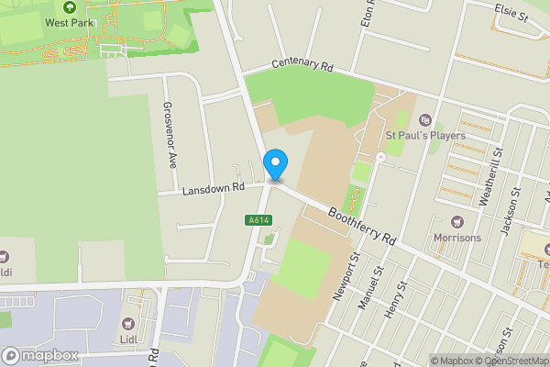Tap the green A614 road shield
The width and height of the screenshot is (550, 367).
[258, 219]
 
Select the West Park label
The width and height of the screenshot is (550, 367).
[70, 21]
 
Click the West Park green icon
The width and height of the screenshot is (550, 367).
[69, 6]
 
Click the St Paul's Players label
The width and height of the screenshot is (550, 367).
[425, 136]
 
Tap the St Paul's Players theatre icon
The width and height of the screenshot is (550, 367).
[424, 119]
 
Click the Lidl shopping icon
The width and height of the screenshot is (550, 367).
[127, 323]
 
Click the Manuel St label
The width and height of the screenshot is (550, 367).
[370, 284]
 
